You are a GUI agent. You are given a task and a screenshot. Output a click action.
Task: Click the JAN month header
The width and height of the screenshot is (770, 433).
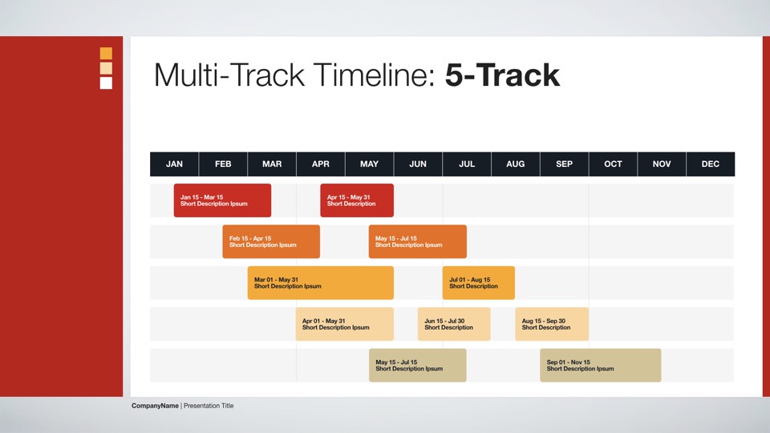point(174,164)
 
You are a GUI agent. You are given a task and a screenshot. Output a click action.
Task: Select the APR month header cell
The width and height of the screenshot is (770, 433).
point(321,164)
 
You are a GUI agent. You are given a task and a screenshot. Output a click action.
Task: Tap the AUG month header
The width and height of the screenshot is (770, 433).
point(516,164)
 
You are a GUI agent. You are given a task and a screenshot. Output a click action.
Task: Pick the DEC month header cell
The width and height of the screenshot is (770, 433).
point(711,164)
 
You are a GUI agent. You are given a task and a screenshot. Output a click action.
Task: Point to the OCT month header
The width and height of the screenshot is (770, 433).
point(613,164)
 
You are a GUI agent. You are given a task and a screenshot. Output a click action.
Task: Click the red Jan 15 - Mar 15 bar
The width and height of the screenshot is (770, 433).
point(222,200)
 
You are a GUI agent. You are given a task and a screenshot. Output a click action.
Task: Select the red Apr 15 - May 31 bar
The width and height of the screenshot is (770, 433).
point(357,200)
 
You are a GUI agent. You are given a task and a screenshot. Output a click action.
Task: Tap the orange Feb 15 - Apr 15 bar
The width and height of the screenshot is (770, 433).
point(271,241)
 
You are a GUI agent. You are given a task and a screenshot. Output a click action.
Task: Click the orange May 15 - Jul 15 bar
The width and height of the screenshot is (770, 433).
point(418,241)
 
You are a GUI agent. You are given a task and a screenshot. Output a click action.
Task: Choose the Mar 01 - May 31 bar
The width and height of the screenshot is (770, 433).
point(321,283)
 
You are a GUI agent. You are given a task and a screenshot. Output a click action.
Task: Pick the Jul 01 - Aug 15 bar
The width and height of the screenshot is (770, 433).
point(479,283)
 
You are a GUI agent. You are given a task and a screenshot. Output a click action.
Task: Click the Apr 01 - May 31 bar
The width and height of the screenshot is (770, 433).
point(345,324)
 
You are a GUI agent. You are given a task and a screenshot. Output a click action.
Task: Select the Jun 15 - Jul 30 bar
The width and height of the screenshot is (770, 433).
point(454,324)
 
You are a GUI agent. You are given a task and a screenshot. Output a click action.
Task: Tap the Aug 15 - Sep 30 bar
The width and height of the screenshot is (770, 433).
point(552,324)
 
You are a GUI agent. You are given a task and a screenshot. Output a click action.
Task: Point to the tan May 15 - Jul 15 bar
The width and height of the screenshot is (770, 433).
point(418,366)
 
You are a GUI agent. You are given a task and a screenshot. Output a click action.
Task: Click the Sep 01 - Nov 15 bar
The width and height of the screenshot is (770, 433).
point(601,366)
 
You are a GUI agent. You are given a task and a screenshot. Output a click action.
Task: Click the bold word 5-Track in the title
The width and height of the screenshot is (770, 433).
point(502,75)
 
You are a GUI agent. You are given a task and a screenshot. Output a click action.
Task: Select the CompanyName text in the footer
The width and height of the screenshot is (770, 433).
point(155,406)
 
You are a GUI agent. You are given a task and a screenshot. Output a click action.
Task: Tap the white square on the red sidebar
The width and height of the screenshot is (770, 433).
point(106,83)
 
